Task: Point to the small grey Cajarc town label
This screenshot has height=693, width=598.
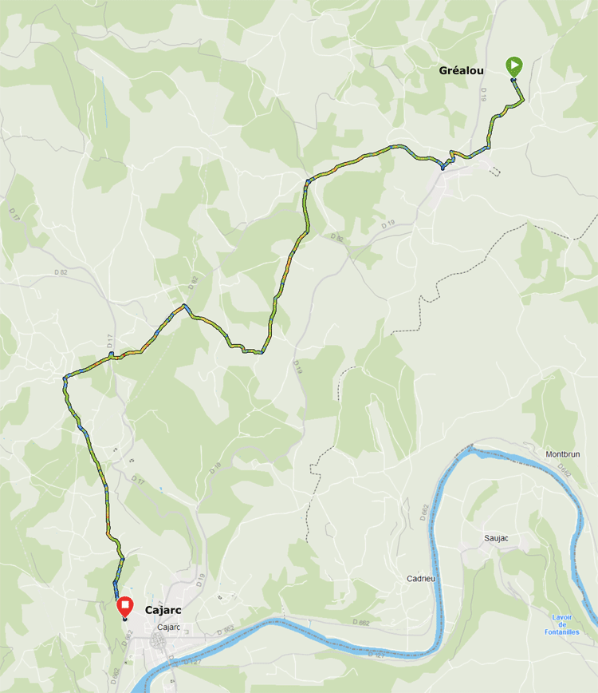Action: (x=170, y=628)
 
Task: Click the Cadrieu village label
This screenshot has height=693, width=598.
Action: (x=420, y=578)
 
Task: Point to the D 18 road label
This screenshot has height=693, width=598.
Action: (x=215, y=470)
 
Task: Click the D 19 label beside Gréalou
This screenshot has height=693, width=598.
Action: (x=484, y=93)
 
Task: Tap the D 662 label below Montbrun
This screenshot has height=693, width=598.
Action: (x=565, y=473)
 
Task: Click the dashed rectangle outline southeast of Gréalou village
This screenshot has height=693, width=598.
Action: (x=496, y=170)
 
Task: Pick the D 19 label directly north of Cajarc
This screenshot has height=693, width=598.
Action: (x=200, y=580)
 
